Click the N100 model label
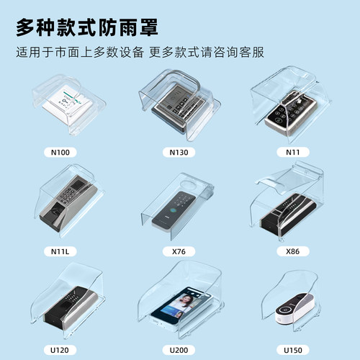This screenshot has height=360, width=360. [x=63, y=153]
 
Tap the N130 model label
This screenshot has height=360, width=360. [x=179, y=153]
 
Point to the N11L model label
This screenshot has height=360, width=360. [x=63, y=251]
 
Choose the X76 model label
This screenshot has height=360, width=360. [x=179, y=251]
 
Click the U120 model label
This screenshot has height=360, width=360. [x=60, y=349]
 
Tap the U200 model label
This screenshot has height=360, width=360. [x=179, y=349]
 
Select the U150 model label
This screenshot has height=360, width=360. [x=293, y=349]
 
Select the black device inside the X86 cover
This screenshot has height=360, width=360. [x=288, y=215]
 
